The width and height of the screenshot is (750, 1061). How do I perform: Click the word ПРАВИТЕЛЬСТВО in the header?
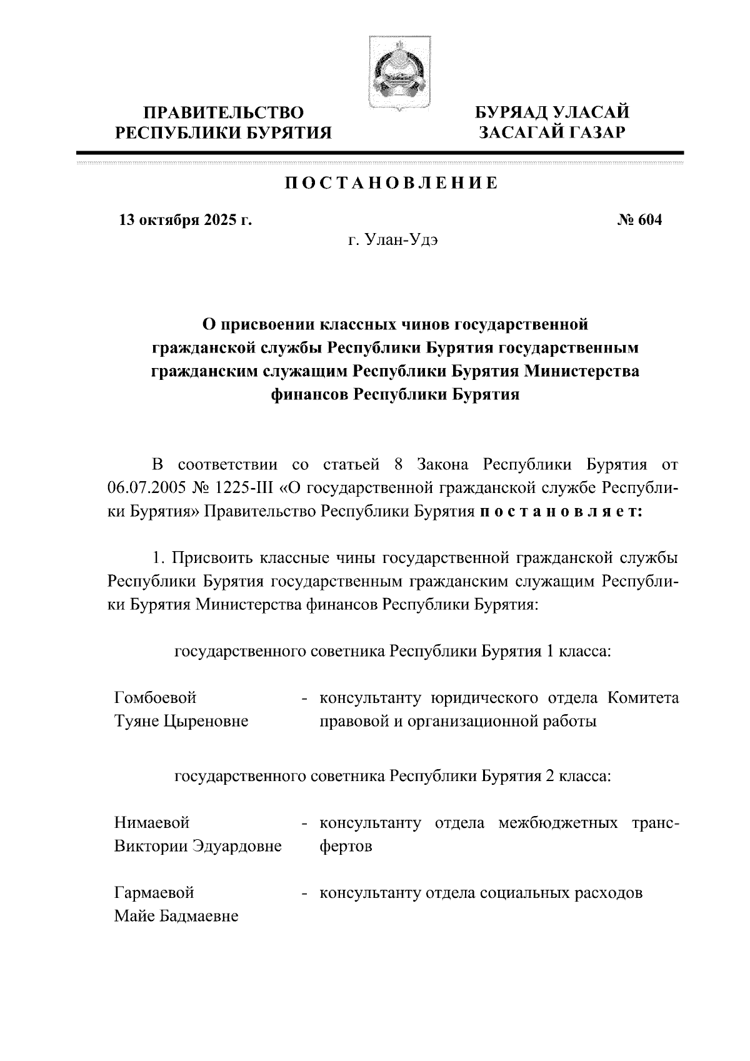224,113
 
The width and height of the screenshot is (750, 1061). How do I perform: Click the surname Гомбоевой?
155,697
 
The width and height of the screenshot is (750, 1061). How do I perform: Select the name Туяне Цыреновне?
181,721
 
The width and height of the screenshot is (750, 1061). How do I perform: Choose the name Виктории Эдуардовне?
197,846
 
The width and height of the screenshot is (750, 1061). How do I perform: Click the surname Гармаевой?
154,892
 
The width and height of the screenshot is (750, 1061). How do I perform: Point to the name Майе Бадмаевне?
176,916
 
